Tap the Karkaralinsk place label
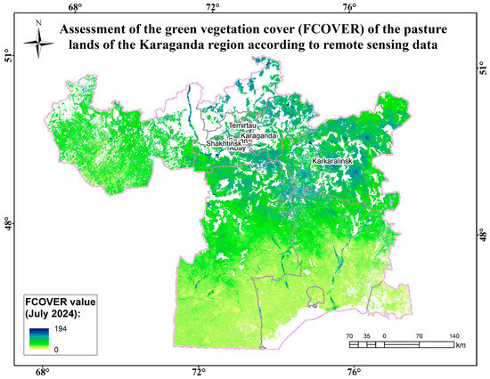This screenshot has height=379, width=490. pyautogui.click(x=333, y=160)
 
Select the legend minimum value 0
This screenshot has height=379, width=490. pyautogui.click(x=57, y=349)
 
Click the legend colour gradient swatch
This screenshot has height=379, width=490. pyautogui.click(x=38, y=339)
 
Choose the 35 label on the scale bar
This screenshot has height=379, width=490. pyautogui.click(x=366, y=336)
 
